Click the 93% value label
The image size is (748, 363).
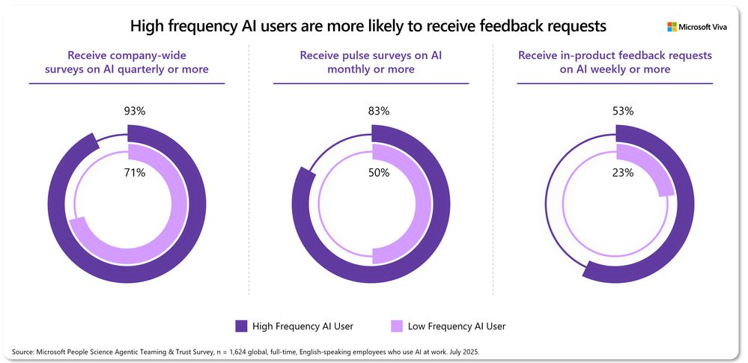tap(135, 111)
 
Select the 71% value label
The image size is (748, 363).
tap(135, 173)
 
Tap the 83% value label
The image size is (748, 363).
tap(379, 111)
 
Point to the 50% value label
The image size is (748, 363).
tap(379, 173)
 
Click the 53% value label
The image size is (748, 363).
tap(623, 111)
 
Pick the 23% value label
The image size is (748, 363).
tap(623, 173)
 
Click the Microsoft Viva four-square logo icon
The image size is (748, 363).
tap(672, 28)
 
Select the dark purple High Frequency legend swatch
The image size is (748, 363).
tap(241, 326)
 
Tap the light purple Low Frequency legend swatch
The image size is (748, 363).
tap(397, 326)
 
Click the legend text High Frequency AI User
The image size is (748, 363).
tap(302, 326)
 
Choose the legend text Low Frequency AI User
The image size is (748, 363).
tap(457, 326)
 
